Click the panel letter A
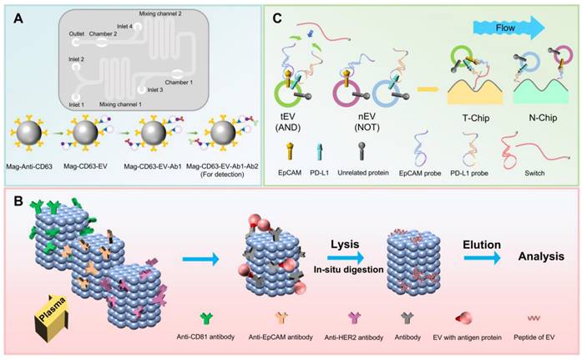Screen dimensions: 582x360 pyautogui.click(x=18, y=18)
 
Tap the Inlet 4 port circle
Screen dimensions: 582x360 pyautogui.click(x=137, y=27)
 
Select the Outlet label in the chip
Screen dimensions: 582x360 pyautogui.click(x=77, y=33)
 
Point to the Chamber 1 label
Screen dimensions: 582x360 pyautogui.click(x=179, y=83)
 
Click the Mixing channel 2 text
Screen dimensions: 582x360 pyautogui.click(x=160, y=13)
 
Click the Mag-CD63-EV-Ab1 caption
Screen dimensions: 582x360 pyautogui.click(x=153, y=167)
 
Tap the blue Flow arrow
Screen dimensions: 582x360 pyautogui.click(x=509, y=28)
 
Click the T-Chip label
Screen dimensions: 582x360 pyautogui.click(x=475, y=119)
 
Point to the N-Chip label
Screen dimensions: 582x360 pyautogui.click(x=543, y=119)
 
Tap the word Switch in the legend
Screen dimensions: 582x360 pyautogui.click(x=534, y=173)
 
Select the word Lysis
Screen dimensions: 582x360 pyautogui.click(x=345, y=244)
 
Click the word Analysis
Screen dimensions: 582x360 pyautogui.click(x=541, y=256)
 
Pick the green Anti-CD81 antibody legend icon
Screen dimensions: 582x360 pyautogui.click(x=206, y=318)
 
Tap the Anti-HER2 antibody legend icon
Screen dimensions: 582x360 pyautogui.click(x=354, y=318)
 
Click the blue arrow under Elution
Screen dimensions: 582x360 pyautogui.click(x=482, y=258)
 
